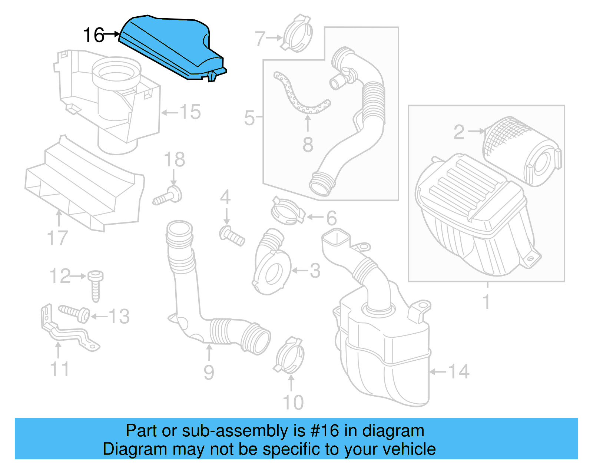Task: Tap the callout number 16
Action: [x=93, y=35]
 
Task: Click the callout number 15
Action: [x=190, y=112]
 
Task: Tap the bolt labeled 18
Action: [x=169, y=196]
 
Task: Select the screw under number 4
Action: [x=232, y=236]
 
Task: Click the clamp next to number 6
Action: [x=287, y=211]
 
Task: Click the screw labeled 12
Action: [x=95, y=285]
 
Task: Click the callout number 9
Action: [x=209, y=372]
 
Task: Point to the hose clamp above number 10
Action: [x=290, y=355]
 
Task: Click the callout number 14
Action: [x=458, y=371]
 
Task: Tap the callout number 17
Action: [x=57, y=238]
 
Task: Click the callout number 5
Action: [x=249, y=118]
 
